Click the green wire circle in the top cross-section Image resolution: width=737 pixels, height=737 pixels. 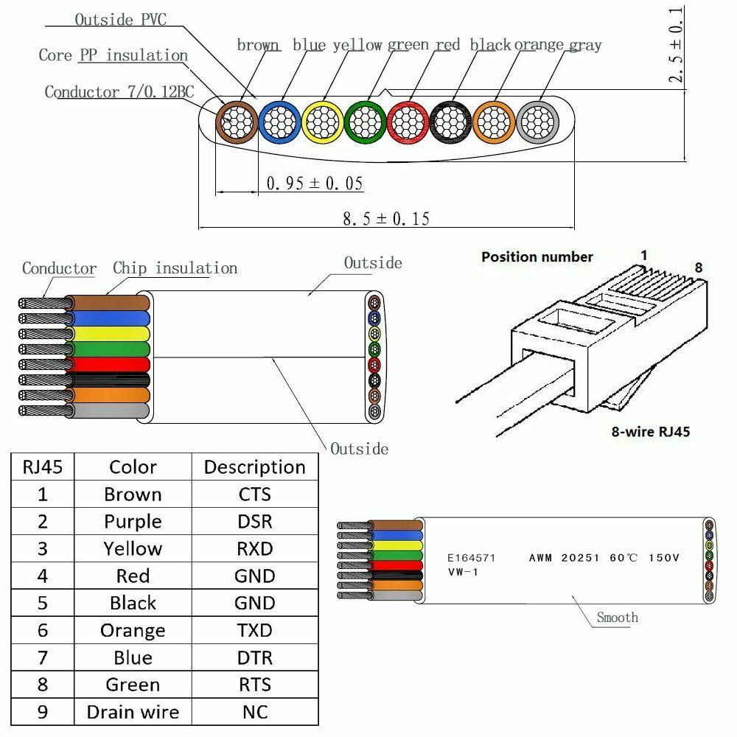(365, 122)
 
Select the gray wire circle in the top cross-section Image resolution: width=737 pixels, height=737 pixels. (537, 122)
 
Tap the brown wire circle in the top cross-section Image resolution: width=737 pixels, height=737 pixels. (236, 122)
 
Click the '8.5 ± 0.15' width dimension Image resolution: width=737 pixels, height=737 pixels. (386, 219)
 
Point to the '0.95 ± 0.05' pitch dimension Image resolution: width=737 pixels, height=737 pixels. (315, 184)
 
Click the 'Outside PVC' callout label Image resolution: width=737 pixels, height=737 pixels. (120, 20)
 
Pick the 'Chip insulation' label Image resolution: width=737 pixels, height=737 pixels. (175, 268)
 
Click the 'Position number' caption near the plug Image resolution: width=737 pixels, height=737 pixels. (537, 257)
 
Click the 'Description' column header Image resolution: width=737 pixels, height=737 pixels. (254, 467)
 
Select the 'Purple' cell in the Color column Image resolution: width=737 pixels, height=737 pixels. (133, 522)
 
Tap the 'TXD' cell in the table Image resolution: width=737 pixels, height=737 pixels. (254, 630)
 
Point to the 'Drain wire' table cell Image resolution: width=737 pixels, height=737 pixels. (133, 712)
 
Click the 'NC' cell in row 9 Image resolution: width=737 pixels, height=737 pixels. (254, 712)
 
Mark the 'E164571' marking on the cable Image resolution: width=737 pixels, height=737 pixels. (472, 559)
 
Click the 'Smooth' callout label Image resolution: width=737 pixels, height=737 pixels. (618, 618)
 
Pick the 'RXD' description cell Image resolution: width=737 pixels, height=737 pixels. (254, 549)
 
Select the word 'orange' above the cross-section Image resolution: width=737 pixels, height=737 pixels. (539, 46)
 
